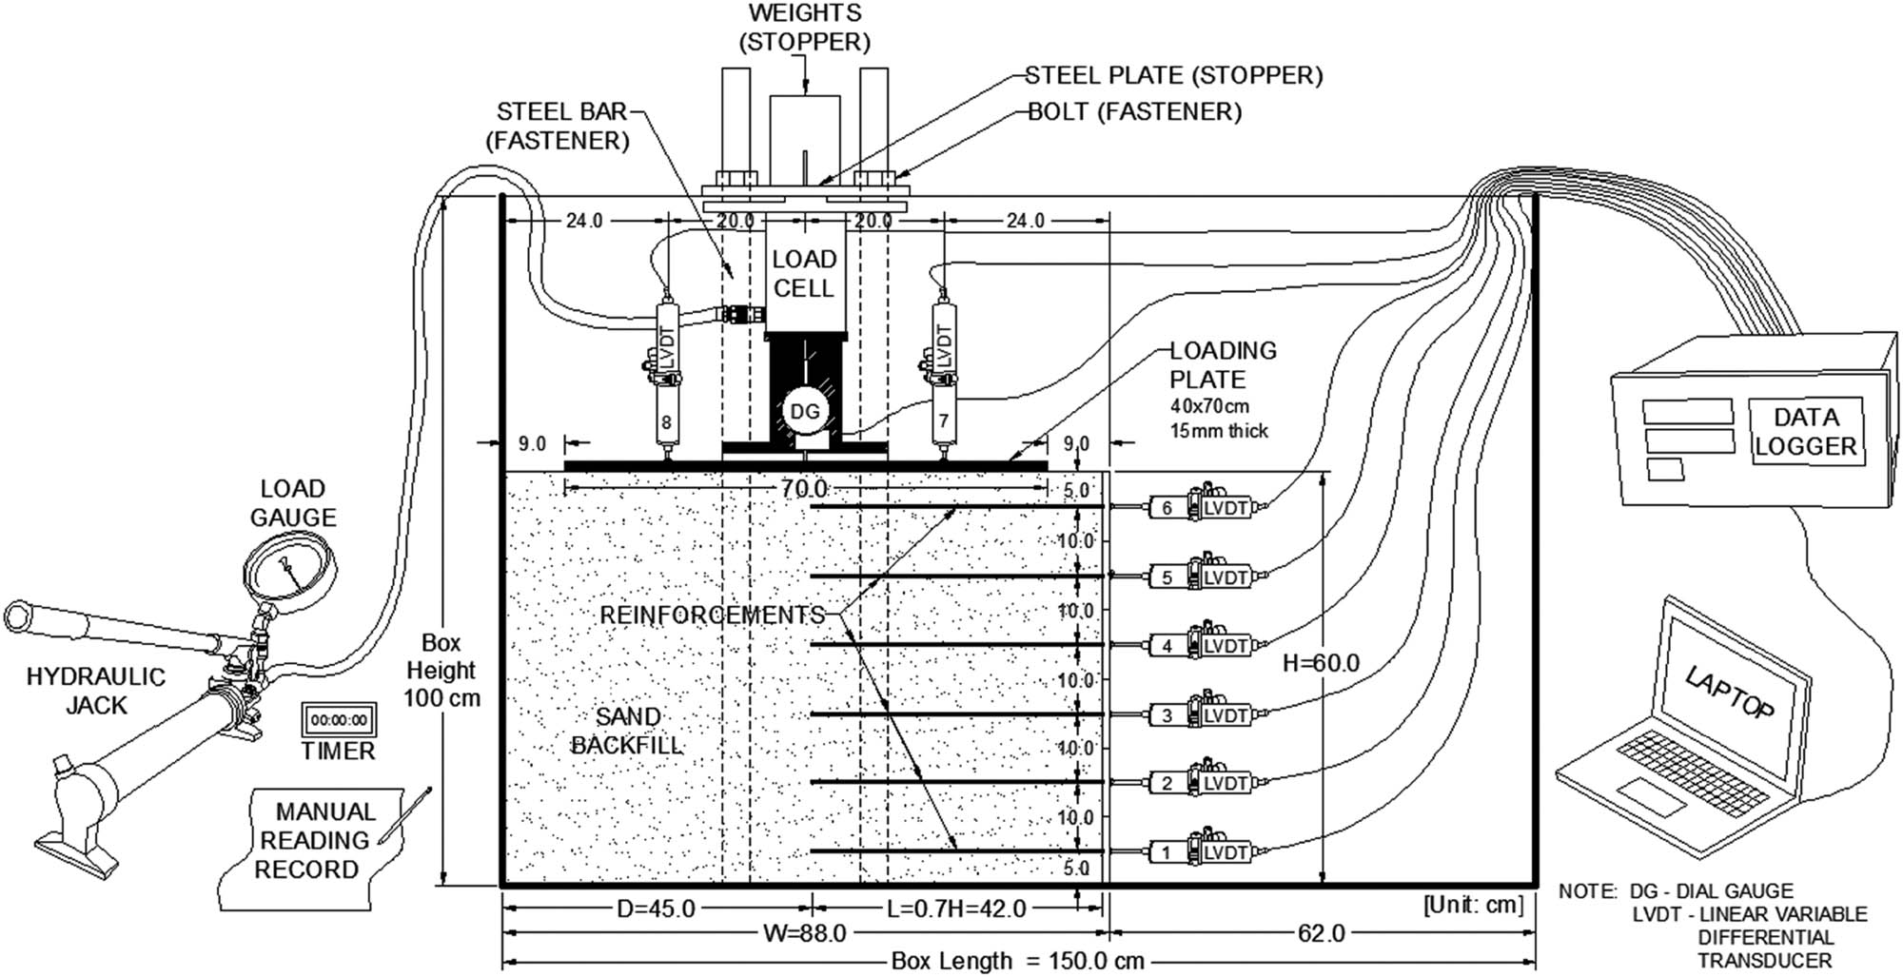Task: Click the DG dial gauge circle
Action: tap(805, 412)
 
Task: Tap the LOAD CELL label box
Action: tap(804, 274)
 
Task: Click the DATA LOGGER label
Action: tap(1805, 431)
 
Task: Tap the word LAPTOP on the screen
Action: tap(1729, 693)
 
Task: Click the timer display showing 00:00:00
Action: tap(339, 720)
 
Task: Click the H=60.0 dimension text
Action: tap(1321, 663)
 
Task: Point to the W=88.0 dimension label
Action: tap(804, 934)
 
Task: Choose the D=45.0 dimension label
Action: tap(657, 909)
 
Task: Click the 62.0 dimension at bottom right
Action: tap(1321, 934)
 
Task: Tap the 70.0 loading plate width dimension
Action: tap(804, 489)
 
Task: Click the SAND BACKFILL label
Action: tap(626, 731)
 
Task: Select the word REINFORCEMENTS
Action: tap(712, 616)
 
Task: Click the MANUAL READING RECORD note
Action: tap(313, 841)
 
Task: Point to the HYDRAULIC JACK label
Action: tap(95, 692)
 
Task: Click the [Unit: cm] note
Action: tap(1472, 906)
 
